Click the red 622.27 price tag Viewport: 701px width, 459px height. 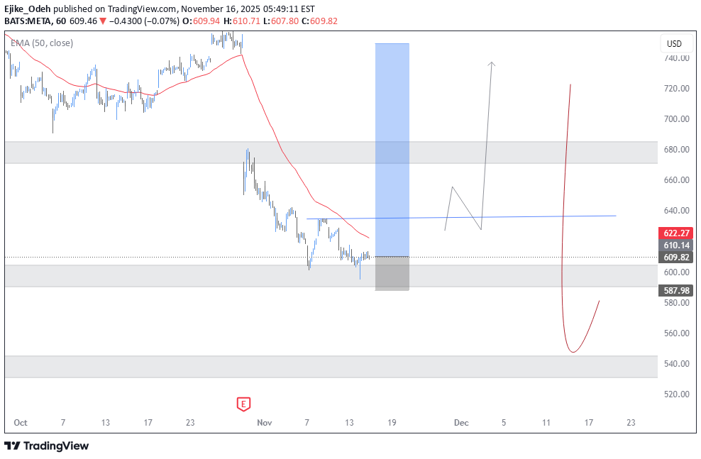(x=677, y=233)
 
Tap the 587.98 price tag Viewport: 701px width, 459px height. (x=677, y=290)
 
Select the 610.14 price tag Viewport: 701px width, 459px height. (x=677, y=245)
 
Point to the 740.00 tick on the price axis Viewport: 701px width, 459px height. (x=677, y=58)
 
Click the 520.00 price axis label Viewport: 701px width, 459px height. (x=677, y=394)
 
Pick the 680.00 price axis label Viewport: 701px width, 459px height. (x=677, y=150)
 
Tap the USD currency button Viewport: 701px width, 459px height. (x=673, y=44)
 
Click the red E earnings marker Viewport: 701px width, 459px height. (x=243, y=404)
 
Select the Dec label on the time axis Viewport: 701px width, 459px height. (x=461, y=423)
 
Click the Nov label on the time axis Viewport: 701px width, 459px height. (x=265, y=423)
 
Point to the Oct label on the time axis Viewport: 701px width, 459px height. (x=21, y=423)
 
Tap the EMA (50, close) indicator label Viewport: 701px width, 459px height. (x=42, y=43)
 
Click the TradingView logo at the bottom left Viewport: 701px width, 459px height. (x=47, y=446)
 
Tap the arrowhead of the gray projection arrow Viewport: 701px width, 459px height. (x=492, y=64)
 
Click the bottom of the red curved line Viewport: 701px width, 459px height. (x=573, y=352)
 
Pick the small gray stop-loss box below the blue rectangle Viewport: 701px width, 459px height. (x=392, y=273)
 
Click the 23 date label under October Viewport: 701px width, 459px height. (x=190, y=423)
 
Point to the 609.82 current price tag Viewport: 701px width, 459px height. (x=677, y=257)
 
